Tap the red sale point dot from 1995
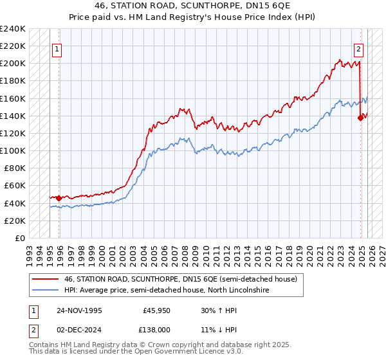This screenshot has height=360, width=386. coord(59,198)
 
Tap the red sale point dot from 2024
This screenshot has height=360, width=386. coord(360,117)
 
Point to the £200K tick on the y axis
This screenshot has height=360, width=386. coord(13,64)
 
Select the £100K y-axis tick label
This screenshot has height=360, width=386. coord(13,150)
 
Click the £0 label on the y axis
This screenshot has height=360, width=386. coord(21,238)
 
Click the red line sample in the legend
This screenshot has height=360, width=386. coord(46,280)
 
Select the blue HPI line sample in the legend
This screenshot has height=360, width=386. coord(46,291)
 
